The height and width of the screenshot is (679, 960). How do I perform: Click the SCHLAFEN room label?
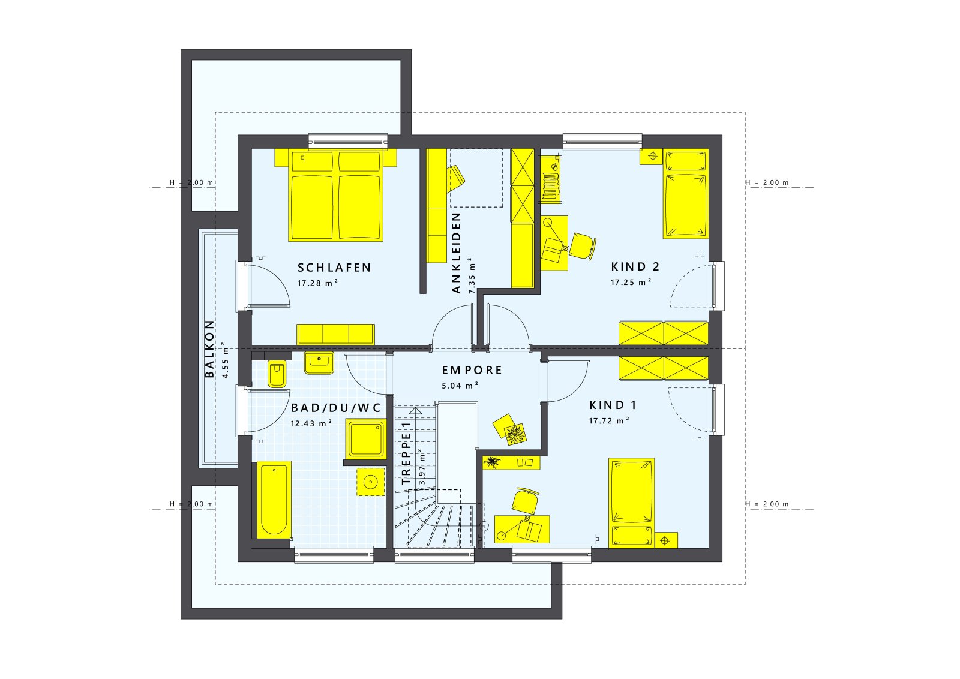click(x=334, y=268)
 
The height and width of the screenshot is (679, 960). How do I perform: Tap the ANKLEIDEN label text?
click(x=457, y=253)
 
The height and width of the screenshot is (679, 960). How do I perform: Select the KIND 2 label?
click(x=635, y=266)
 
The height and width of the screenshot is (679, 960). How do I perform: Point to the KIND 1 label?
click(x=613, y=405)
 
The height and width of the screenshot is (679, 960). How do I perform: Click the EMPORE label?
click(x=472, y=370)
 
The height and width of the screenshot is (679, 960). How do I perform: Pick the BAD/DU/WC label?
click(x=336, y=408)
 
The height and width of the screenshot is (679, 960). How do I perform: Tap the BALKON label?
click(x=210, y=348)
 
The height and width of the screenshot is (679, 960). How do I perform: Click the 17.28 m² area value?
click(x=317, y=283)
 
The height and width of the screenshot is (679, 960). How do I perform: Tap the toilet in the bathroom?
click(x=277, y=374)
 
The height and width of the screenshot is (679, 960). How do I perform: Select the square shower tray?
click(x=365, y=439)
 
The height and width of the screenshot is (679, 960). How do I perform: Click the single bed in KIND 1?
click(x=631, y=503)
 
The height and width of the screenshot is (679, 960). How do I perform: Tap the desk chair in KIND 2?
click(x=582, y=245)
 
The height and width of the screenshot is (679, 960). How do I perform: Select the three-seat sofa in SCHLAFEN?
click(x=335, y=334)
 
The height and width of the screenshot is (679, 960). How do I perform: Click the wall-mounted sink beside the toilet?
click(x=319, y=362)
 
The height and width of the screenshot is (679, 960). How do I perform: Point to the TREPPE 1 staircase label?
click(x=407, y=453)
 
